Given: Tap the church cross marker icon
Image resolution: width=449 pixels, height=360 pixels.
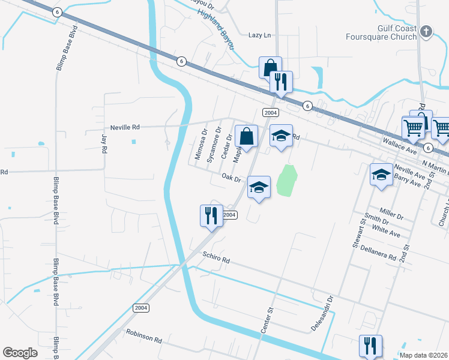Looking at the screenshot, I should click(x=426, y=31).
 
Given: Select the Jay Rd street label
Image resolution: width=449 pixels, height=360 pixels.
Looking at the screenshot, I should click(x=104, y=142).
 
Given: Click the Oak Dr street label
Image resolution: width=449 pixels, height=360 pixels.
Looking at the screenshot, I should click(x=231, y=178).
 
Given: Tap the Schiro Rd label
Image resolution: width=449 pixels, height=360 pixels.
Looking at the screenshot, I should click(x=216, y=260).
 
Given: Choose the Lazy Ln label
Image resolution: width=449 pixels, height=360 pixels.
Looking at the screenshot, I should click(x=260, y=35).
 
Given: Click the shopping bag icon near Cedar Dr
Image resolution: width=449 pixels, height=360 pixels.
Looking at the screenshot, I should click(x=246, y=136).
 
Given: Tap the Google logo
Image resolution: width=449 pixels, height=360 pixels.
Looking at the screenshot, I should click(x=20, y=353).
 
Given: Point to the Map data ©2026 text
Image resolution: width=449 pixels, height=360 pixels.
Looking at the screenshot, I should click(x=424, y=355).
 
